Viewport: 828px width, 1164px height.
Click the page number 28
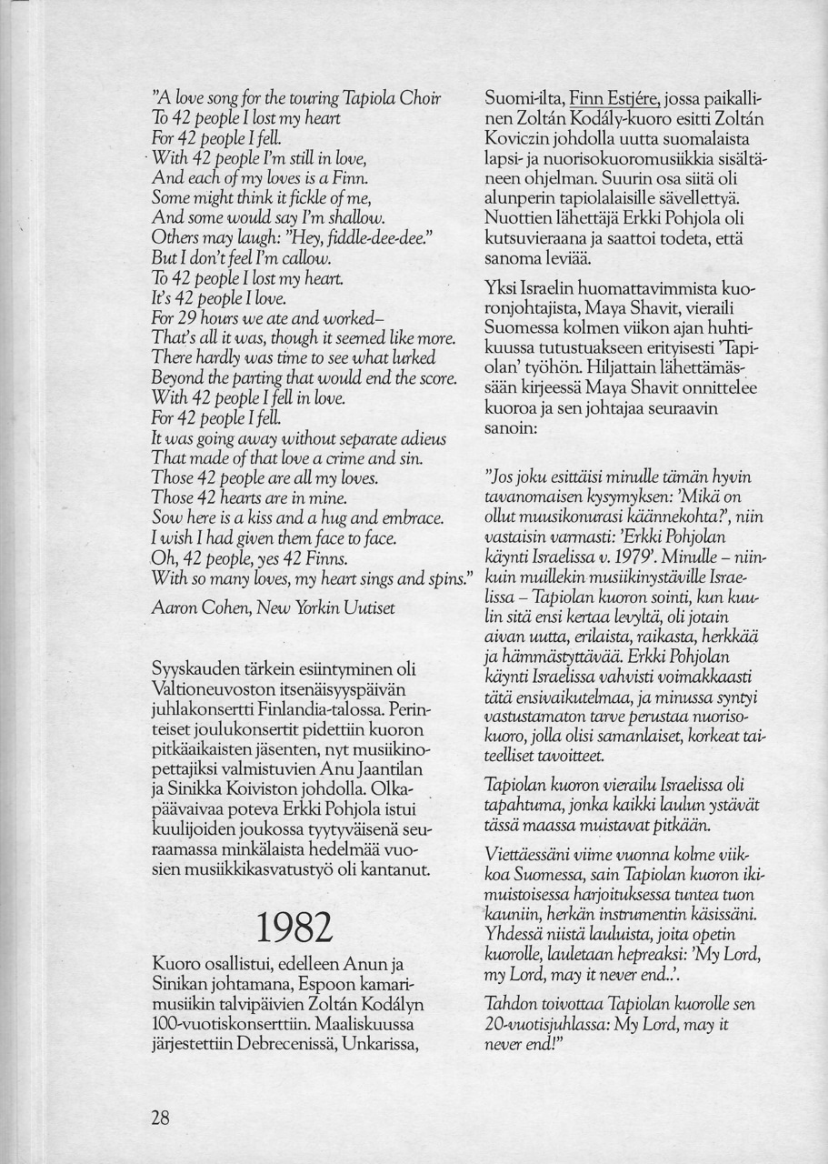point(161,1119)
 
